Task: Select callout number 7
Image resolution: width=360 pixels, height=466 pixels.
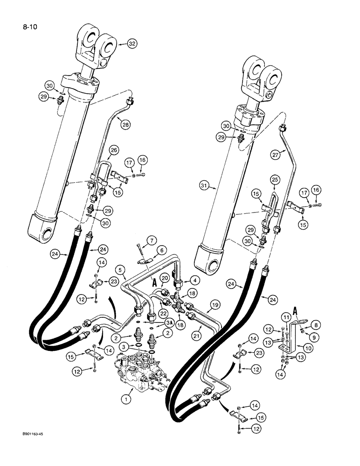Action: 138,241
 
